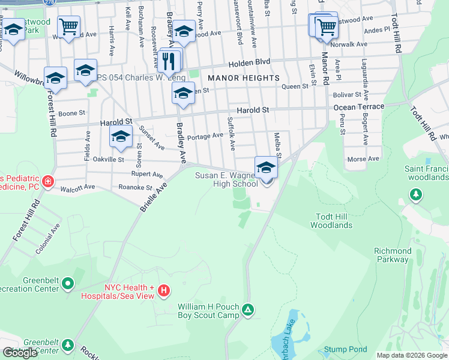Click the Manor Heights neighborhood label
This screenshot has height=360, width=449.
(x=243, y=78)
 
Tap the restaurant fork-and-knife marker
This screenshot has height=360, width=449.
(x=169, y=60)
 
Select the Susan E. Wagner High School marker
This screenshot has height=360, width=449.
(x=266, y=168)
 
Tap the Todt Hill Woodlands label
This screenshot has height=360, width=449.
(x=331, y=221)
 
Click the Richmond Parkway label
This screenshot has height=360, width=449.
(x=393, y=256)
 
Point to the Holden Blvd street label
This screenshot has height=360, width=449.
(x=249, y=62)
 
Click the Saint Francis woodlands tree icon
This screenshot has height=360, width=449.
(x=415, y=194)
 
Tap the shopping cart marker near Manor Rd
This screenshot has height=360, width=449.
(x=326, y=26)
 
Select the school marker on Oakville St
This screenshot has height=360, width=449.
(x=121, y=137)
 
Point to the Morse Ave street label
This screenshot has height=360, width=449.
(x=364, y=159)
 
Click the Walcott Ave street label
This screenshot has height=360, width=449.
(x=78, y=188)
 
